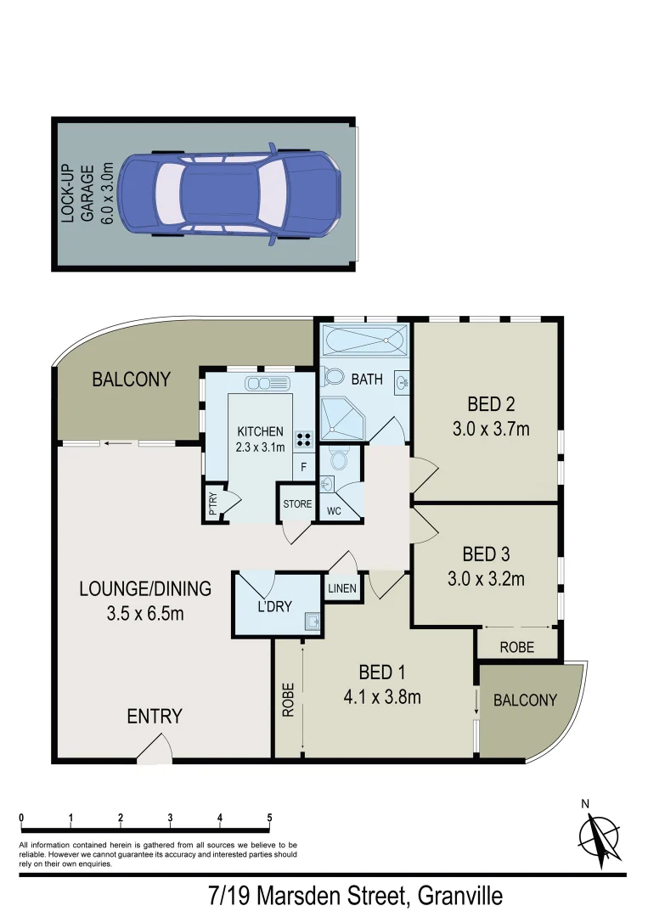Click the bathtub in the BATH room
[363, 341]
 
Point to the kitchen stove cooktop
[303, 440]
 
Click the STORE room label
[297, 504]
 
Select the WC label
[334, 511]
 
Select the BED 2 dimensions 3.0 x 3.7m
[490, 430]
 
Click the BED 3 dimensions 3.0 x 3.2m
[486, 580]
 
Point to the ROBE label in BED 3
[516, 647]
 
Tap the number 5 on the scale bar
[269, 819]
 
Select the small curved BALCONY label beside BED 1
[525, 700]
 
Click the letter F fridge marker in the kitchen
[303, 467]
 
